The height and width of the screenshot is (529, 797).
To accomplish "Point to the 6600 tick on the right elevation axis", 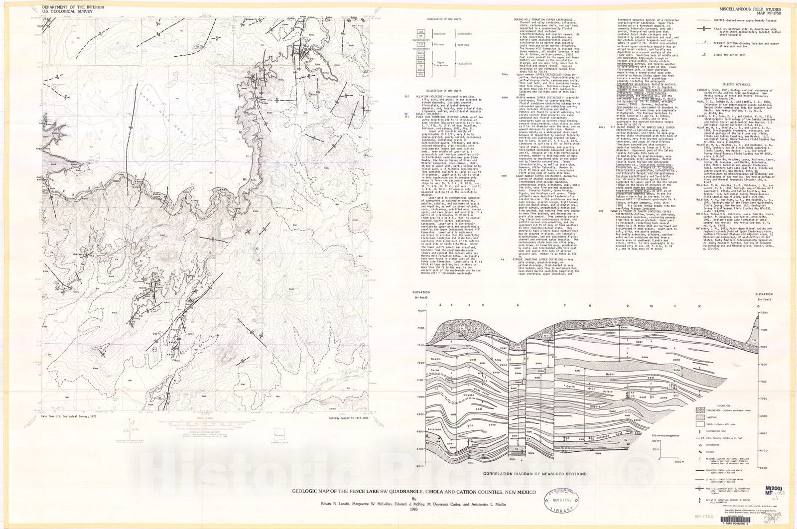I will coord(768,467).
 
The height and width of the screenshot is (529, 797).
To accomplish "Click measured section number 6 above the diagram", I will coord(518,305).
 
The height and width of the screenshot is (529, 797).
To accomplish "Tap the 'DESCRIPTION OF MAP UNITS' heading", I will coord(442,91).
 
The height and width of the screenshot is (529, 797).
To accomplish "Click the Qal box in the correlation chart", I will coord(421,31).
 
